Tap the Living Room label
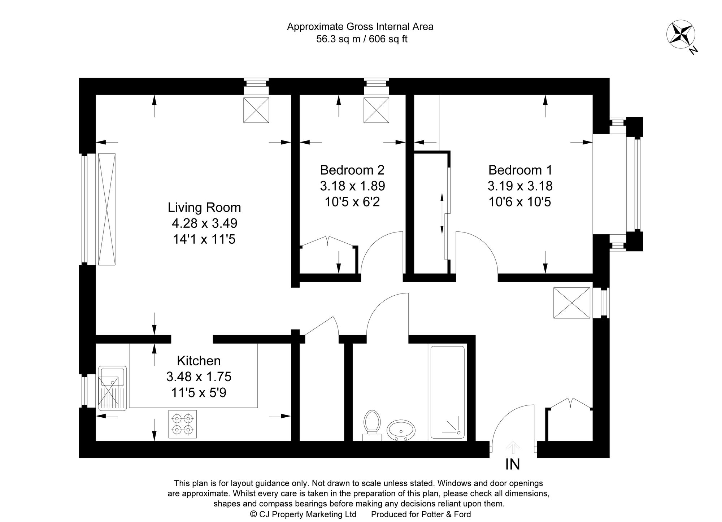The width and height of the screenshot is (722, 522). point(204,208)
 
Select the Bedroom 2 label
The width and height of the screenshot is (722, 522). point(352,170)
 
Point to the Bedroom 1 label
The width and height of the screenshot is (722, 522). point(520,170)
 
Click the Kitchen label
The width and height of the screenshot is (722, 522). point(199,361)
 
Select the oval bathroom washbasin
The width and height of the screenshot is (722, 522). point(401,430)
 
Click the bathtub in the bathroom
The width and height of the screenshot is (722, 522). point(447,392)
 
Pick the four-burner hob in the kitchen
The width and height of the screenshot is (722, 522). point(183,424)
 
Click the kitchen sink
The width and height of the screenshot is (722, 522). point(112,388)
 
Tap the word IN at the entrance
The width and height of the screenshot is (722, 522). point(513,465)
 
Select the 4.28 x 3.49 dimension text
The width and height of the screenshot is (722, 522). point(204,223)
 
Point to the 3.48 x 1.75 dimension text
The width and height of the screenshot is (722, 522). point(199,377)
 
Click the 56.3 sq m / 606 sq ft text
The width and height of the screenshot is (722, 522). point(362,39)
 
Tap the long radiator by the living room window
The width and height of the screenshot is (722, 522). point(107,209)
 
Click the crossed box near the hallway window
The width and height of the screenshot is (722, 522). point(571,303)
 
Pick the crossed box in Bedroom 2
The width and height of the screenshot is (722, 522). point(376,110)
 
